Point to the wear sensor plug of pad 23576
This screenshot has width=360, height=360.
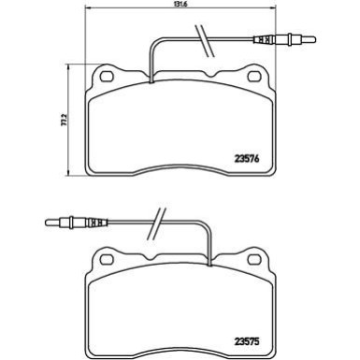pyautogui.click(x=285, y=40)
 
